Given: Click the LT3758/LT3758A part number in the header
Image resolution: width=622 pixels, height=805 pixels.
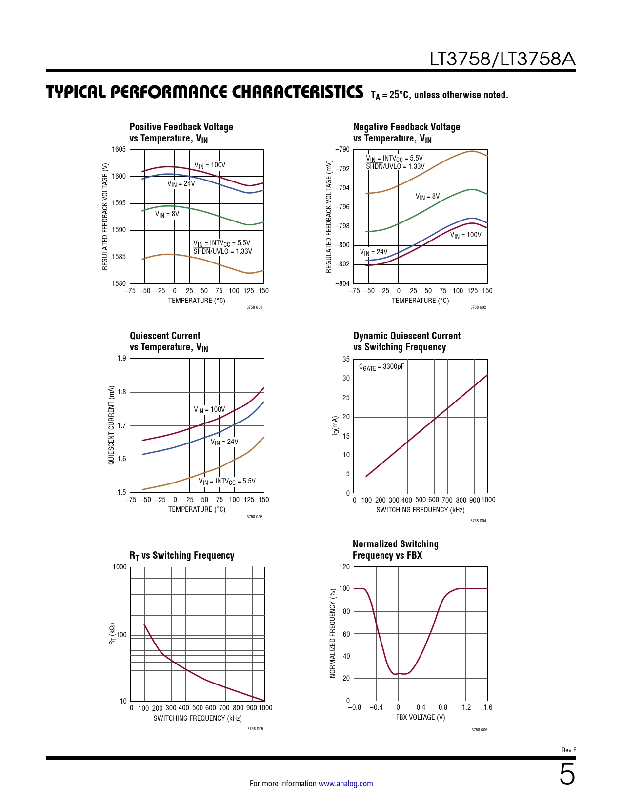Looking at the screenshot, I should tap(502, 59).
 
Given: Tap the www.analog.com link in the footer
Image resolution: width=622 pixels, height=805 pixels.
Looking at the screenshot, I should tap(345, 784).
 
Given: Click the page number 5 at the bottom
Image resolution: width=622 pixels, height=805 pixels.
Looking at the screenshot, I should tap(567, 774).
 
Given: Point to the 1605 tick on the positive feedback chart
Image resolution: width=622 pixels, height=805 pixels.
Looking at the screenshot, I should tap(119, 150).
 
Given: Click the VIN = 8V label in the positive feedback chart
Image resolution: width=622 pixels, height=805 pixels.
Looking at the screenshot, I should tap(167, 214).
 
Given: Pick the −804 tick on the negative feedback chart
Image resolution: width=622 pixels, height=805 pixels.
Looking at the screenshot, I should tap(342, 283).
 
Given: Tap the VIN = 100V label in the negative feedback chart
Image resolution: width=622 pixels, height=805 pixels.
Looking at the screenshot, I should tap(465, 235).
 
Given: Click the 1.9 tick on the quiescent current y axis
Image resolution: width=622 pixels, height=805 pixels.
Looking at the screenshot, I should tap(121, 359).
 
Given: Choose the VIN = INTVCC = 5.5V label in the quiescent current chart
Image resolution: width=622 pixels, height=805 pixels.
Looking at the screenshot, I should tap(227, 482).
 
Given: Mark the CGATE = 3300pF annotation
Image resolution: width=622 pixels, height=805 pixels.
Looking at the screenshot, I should tap(381, 367).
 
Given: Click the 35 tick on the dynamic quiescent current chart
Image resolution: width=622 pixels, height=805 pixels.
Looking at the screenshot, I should tap(346, 359).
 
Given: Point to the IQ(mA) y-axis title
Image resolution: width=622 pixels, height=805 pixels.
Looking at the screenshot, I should tap(335, 426).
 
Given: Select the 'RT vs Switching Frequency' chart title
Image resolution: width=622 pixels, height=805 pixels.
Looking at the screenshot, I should tap(181, 556).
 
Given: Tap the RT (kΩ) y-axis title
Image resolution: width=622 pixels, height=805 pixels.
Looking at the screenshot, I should tap(112, 634).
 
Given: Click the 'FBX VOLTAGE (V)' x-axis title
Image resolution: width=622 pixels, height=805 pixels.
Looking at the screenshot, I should tap(421, 717).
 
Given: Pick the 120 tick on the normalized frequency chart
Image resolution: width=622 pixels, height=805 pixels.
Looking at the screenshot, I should tap(344, 567).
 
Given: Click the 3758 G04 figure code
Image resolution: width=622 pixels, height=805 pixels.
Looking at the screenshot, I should tap(478, 521).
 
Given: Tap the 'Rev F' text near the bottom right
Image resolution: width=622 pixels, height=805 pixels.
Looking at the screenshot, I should tap(568, 750).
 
